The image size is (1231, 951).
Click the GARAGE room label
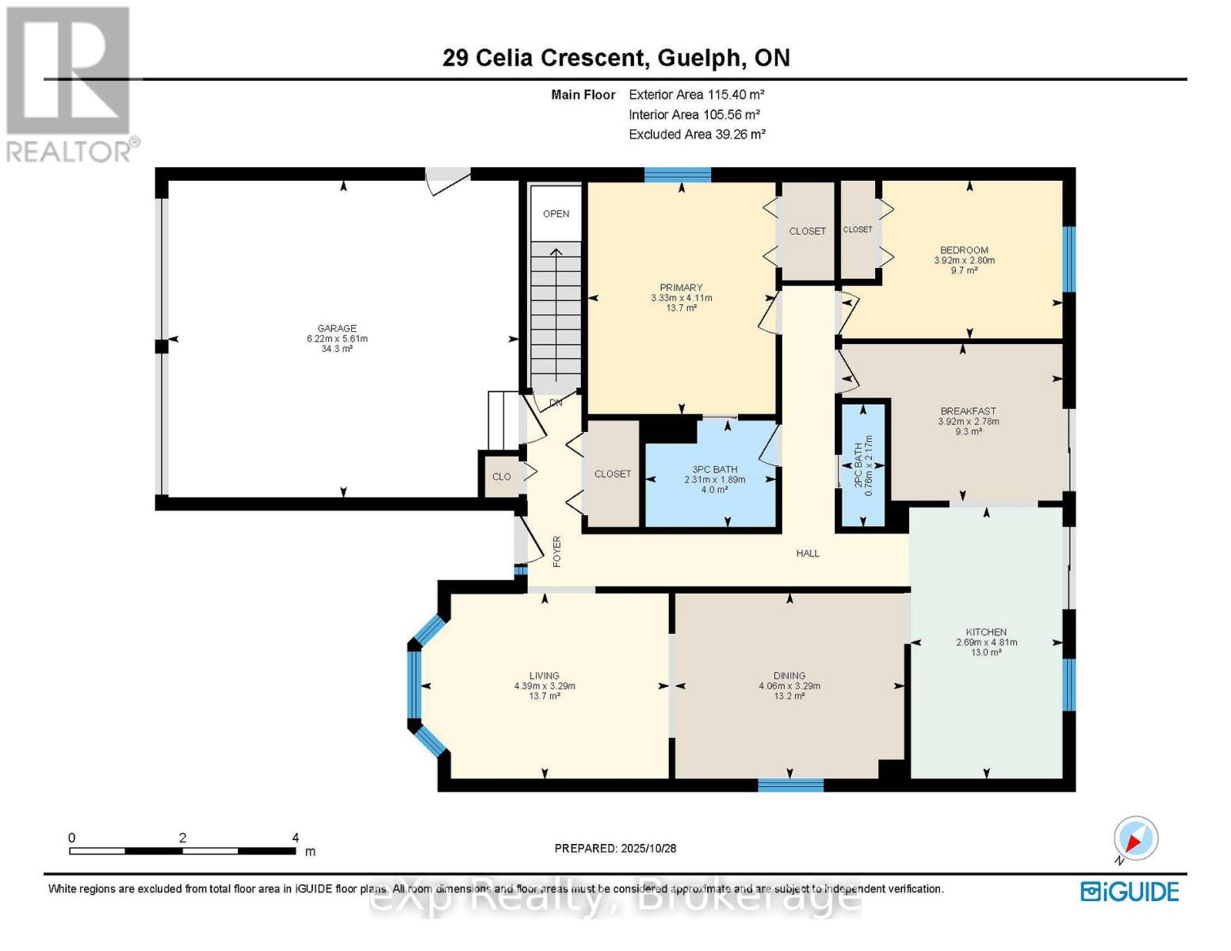point(337,328)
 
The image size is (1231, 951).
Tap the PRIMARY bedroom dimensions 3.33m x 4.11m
point(681,298)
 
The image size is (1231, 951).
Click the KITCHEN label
point(986,632)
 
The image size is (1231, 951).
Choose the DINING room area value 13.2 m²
point(789,696)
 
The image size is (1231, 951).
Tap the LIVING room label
point(545,676)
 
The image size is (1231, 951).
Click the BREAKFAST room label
point(968,411)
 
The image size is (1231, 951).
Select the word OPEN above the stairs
point(556,213)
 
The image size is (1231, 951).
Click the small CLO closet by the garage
point(501,476)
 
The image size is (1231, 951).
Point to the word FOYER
point(556,551)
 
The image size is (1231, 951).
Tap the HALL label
point(808,553)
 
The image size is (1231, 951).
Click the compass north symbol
point(1135,838)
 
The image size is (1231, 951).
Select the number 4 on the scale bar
point(295,838)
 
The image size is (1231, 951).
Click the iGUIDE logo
point(1130,892)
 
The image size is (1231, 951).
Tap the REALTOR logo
point(70,83)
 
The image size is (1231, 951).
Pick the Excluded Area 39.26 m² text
point(697,135)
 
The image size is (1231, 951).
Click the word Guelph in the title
point(699,58)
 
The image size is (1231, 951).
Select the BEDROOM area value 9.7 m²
point(964,270)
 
